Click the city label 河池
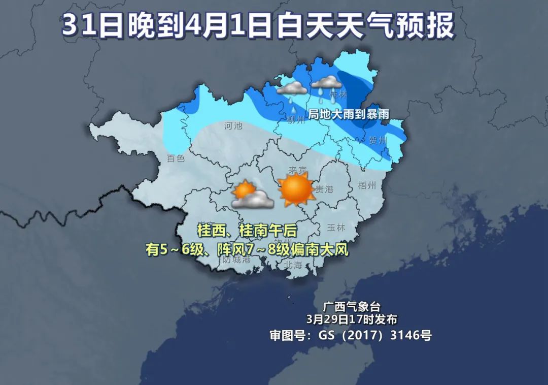tap(233, 125)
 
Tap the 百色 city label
tap(176, 158)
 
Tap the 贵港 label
tap(324, 189)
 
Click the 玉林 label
tap(336, 227)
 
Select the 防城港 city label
tap(236, 260)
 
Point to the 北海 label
tap(293, 265)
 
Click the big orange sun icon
tap(295, 189)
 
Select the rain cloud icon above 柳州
tap(292, 90)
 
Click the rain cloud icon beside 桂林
tap(325, 83)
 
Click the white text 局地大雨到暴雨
tap(349, 114)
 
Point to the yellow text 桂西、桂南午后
tap(247, 231)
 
